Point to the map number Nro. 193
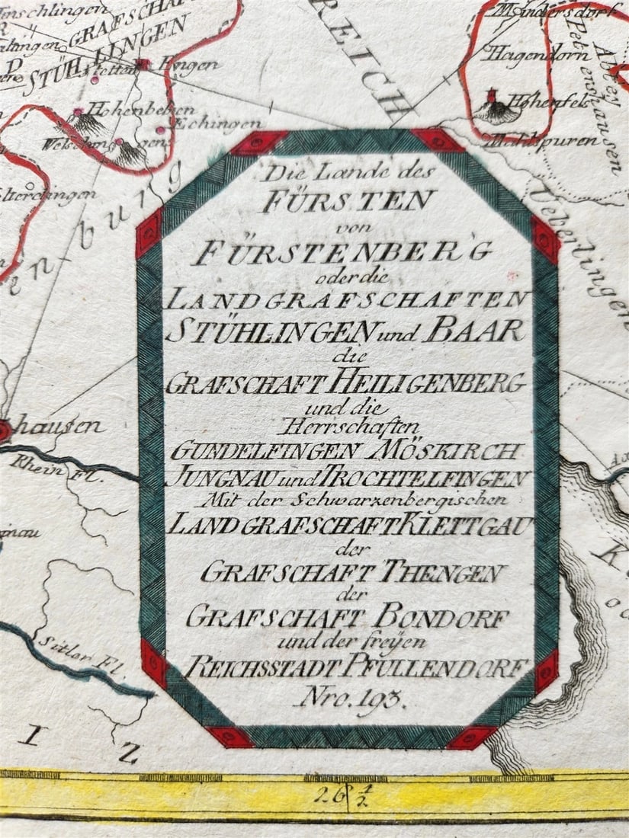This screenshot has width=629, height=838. [345, 695]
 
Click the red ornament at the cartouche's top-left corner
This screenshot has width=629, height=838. [258, 142]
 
